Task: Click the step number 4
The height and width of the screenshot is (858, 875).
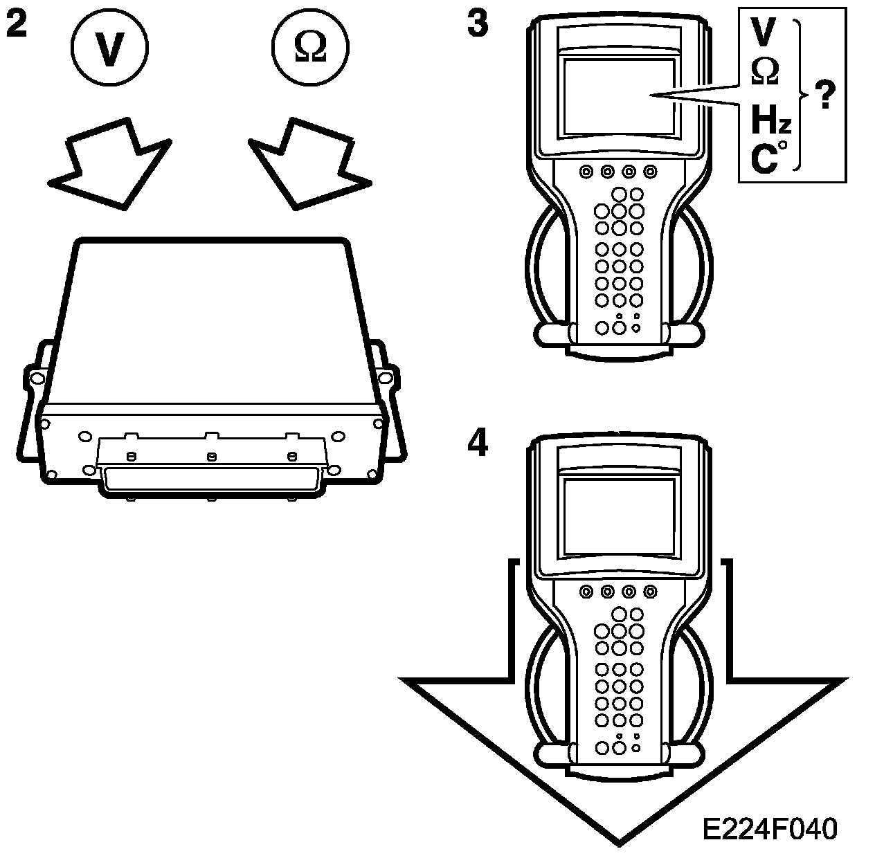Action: (477, 444)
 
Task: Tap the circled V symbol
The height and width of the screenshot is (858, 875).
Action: (109, 48)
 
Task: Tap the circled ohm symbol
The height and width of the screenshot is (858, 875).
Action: (311, 48)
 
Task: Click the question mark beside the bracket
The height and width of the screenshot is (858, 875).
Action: (824, 95)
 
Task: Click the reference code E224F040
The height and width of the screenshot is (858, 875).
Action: (769, 828)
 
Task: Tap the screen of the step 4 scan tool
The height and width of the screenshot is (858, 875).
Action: (619, 515)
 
